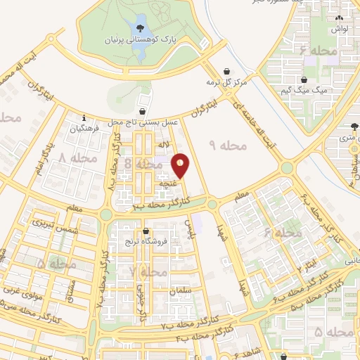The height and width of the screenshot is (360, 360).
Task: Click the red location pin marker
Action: [x=181, y=165]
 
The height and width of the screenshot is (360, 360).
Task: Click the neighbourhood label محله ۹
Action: [x=229, y=146]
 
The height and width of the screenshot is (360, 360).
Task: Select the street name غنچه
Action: [x=167, y=182]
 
